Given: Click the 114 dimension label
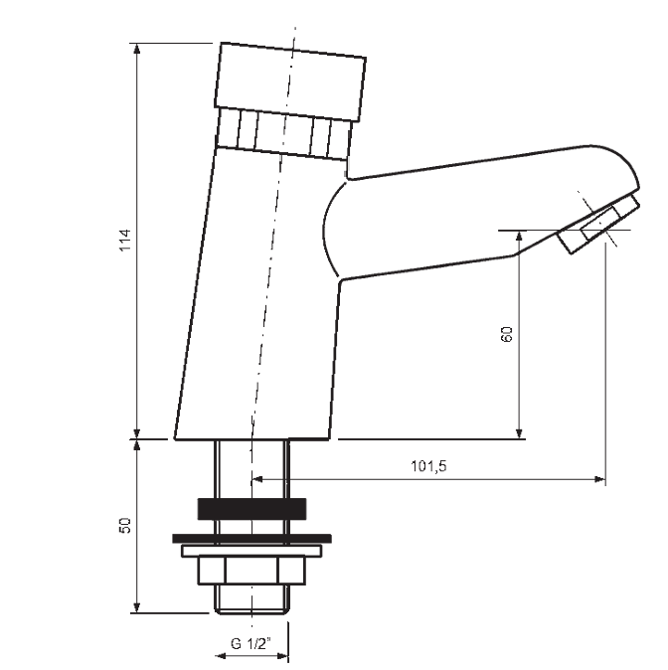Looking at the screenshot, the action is click(125, 241).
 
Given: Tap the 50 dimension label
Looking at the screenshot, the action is click(125, 525).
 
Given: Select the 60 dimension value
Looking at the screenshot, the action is click(506, 334).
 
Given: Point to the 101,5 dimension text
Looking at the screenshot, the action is click(428, 466).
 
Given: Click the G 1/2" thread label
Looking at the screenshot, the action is click(251, 643).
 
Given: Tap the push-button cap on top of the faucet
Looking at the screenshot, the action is click(290, 82).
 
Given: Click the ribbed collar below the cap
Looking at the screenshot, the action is click(283, 134).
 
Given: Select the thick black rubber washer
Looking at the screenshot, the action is click(251, 509).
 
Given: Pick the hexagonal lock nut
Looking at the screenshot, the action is click(251, 571).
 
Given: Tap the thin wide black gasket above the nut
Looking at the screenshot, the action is click(251, 539).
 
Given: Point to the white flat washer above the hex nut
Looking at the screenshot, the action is click(251, 551).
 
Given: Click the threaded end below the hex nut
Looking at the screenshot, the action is click(251, 599).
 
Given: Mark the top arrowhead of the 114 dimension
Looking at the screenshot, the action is click(137, 49).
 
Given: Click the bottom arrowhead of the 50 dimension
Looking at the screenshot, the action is click(137, 607).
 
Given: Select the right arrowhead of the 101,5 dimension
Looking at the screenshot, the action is click(599, 479).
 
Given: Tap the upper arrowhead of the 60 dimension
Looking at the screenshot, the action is click(519, 237).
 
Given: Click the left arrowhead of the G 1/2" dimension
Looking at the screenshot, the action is click(220, 656).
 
